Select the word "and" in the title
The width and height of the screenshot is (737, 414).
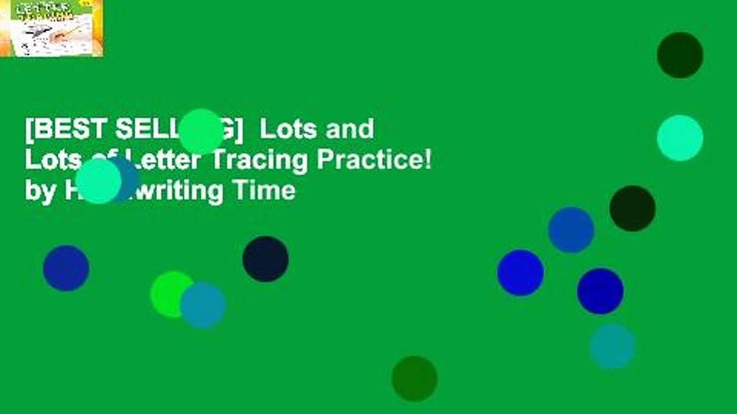coord(349,129)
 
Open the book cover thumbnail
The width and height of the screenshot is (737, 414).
coord(51,28)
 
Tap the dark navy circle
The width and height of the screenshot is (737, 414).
coord(265,259)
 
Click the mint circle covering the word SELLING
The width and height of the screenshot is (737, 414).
coord(201,132)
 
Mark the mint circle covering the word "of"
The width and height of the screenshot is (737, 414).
coord(98,181)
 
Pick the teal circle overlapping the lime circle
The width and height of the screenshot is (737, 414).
coord(203,305)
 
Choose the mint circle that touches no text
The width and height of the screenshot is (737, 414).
coord(680,138)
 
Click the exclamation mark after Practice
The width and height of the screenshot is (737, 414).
coord(428,160)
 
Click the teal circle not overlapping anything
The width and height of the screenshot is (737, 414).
coord(612,346)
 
